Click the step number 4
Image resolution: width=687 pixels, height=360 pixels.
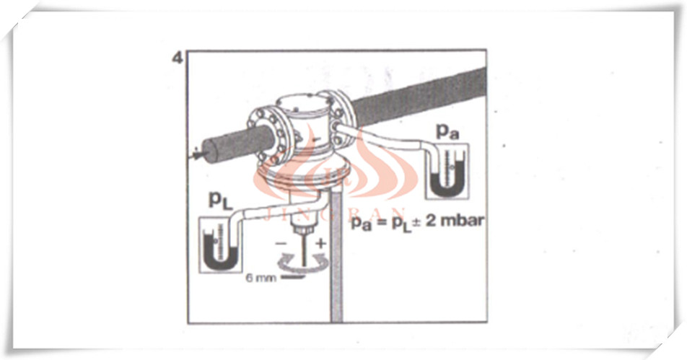tap(177, 58)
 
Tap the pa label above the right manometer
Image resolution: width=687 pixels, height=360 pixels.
tap(447, 131)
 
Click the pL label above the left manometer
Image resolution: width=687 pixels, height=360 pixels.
tap(221, 201)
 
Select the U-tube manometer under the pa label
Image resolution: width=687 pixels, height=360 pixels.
tap(447, 171)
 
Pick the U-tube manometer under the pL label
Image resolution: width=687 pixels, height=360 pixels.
tap(220, 245)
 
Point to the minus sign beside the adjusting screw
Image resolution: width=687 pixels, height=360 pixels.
tap(281, 242)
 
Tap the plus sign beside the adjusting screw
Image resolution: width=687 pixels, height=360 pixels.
tap(322, 242)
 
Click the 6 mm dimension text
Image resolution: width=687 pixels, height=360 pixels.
tap(261, 278)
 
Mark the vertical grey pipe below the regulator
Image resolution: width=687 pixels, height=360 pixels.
tap(336, 258)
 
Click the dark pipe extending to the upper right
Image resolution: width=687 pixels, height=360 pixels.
tap(419, 97)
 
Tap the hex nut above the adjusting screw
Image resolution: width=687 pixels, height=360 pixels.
tap(303, 229)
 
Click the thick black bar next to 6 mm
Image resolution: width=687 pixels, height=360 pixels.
tap(294, 278)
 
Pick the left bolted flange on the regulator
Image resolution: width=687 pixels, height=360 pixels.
tap(265, 133)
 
